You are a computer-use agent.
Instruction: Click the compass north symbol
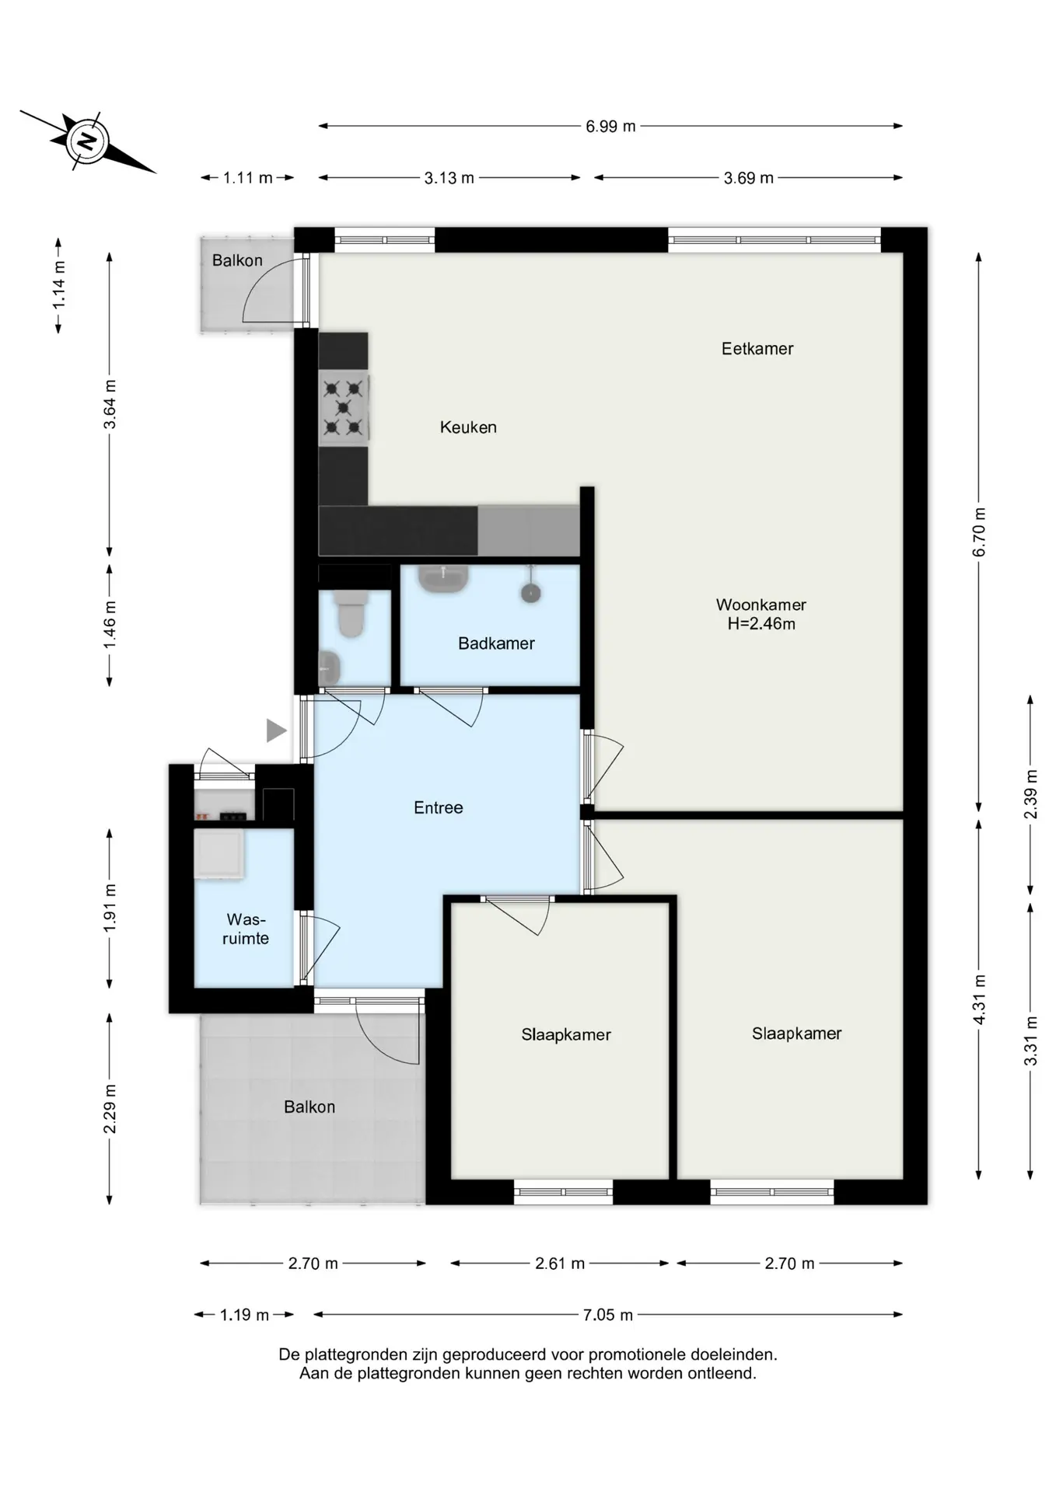[87, 141]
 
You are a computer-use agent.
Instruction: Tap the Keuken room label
[468, 427]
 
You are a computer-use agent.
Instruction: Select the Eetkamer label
[757, 348]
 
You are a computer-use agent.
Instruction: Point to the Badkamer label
[496, 643]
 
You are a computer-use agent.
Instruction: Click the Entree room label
[438, 807]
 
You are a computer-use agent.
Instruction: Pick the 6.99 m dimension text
[610, 126]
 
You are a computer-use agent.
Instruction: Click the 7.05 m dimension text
[608, 1315]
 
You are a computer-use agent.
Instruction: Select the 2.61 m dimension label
[560, 1264]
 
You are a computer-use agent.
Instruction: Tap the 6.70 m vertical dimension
[979, 532]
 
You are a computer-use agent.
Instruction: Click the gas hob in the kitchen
[343, 407]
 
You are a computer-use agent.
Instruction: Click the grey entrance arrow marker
[276, 730]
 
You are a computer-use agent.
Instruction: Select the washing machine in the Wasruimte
[219, 854]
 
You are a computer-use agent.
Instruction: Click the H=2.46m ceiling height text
[761, 623]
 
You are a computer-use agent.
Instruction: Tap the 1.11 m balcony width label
[248, 178]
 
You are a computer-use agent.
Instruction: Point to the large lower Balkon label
[309, 1107]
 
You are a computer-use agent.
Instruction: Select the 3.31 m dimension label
[1031, 1041]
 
